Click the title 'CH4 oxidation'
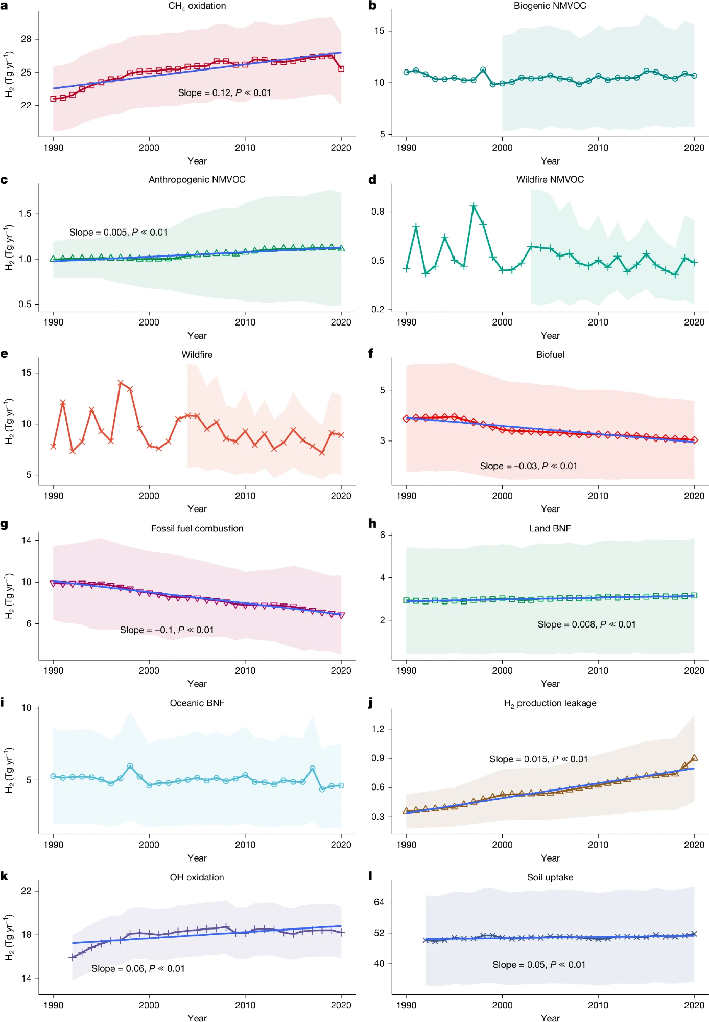(197, 6)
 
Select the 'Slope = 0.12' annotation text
(224, 93)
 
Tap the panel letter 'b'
(372, 6)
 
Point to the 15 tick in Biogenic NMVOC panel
(379, 31)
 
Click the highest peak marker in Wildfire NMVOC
(474, 206)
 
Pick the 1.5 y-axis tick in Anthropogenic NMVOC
(25, 214)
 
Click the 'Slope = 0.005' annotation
(119, 233)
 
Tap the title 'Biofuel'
(550, 355)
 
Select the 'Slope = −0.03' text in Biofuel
(528, 466)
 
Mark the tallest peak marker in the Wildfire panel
(121, 383)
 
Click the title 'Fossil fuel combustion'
(197, 529)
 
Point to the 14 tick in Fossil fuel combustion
(26, 540)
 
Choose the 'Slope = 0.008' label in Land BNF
(586, 624)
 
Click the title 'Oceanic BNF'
(197, 703)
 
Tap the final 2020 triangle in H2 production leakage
(694, 758)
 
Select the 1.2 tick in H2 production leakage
(378, 729)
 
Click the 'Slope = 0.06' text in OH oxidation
(138, 969)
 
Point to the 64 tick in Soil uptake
(379, 902)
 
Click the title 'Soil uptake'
(550, 877)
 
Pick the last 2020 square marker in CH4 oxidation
(341, 68)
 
